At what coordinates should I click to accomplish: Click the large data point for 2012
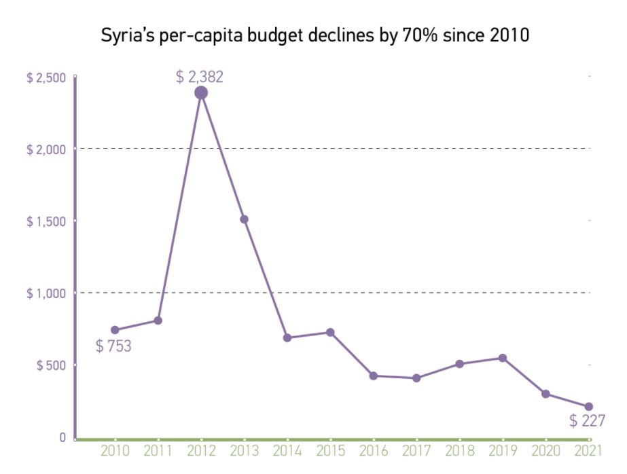[200, 93]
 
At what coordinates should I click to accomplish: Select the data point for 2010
[115, 330]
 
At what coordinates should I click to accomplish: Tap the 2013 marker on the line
[244, 219]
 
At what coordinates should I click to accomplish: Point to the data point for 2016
[373, 376]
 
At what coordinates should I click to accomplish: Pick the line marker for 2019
[503, 358]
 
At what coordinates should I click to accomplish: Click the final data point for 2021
[589, 407]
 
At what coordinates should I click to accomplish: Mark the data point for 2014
[287, 338]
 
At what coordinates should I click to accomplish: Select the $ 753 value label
[113, 346]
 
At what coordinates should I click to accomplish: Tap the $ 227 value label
[587, 421]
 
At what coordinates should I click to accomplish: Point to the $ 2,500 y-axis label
[46, 77]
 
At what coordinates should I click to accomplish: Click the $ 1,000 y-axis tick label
[46, 293]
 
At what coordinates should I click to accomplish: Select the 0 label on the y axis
[62, 438]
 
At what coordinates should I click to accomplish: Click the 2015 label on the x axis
[330, 451]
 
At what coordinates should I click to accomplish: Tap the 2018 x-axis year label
[460, 451]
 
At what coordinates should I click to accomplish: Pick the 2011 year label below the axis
[158, 451]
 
